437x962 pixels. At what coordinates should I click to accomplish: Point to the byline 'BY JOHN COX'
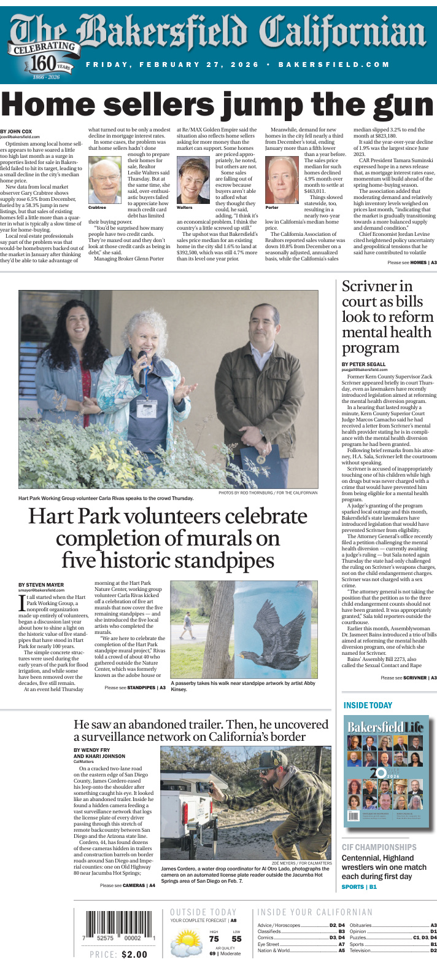[16, 131]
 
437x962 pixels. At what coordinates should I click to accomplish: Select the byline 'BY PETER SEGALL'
[364, 364]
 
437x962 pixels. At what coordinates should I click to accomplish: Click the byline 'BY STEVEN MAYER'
[41, 585]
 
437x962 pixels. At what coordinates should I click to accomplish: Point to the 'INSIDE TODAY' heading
[368, 705]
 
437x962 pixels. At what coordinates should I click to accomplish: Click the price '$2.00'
[134, 955]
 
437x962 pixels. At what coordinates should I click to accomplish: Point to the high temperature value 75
[214, 939]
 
